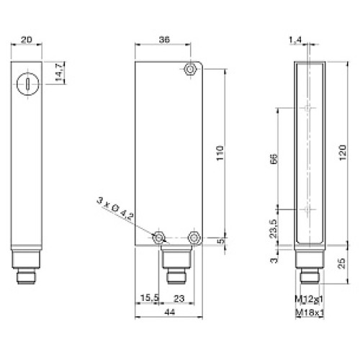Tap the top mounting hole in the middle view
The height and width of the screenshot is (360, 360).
(x=190, y=70)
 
